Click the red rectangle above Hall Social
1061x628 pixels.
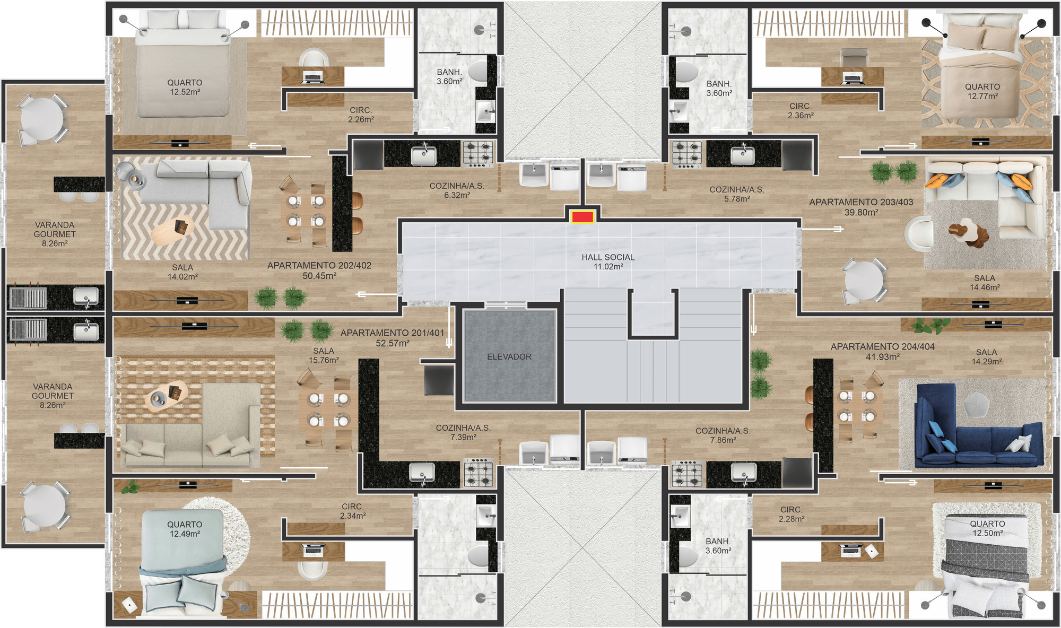(x=582, y=217)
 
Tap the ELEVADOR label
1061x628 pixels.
(x=509, y=357)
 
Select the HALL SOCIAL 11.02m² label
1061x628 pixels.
(x=608, y=261)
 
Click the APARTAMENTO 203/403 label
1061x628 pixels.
(x=861, y=207)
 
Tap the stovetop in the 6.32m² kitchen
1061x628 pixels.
(x=478, y=153)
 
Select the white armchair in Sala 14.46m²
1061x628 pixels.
(x=919, y=233)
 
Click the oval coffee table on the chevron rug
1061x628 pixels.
(x=172, y=230)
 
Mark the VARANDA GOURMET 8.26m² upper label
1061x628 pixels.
(x=55, y=234)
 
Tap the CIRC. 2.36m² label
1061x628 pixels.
(x=801, y=110)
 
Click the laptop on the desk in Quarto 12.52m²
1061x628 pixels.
(x=313, y=78)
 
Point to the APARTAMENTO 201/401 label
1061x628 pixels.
(x=392, y=338)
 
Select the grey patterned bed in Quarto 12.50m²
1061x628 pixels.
(x=985, y=565)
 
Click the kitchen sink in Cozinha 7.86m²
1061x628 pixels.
(x=743, y=472)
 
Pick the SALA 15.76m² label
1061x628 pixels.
(x=324, y=355)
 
